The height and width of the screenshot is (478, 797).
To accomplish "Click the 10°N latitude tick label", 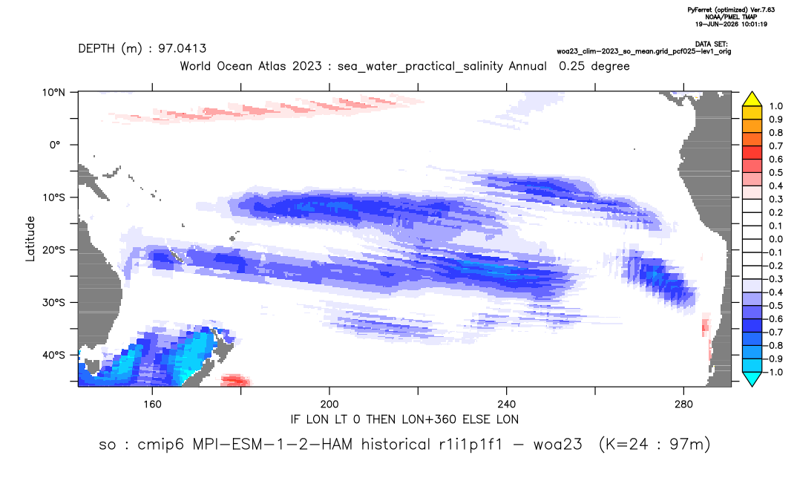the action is (53, 93).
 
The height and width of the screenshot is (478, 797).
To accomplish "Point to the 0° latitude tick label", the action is (56, 145).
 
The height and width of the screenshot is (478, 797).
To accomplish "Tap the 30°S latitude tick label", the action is (53, 303).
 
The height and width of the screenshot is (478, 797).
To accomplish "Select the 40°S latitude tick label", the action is (53, 355).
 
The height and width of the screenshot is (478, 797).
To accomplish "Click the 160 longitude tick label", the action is (152, 405).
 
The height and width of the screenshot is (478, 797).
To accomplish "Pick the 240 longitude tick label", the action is (507, 405).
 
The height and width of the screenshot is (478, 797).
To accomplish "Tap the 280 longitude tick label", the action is (683, 405).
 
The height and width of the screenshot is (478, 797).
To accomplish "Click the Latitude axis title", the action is (30, 239).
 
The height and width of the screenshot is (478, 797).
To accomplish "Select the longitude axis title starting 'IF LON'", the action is (404, 419).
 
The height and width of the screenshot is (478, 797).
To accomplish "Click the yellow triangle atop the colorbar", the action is (752, 99).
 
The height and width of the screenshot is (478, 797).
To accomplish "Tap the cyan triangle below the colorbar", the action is (752, 379).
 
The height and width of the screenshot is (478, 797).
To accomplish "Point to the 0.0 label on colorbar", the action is (775, 239).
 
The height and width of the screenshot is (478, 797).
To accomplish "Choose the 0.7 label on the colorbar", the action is (775, 146).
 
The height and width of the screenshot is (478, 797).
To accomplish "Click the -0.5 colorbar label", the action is (773, 306).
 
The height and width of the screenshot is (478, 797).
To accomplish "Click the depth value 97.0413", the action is (183, 49).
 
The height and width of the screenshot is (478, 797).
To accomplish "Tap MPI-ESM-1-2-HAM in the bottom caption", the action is (272, 445).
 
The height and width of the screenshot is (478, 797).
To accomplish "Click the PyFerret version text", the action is (731, 10).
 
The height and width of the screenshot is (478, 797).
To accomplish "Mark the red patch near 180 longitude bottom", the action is (235, 380).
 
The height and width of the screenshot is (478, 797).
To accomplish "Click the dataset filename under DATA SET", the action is (644, 51).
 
